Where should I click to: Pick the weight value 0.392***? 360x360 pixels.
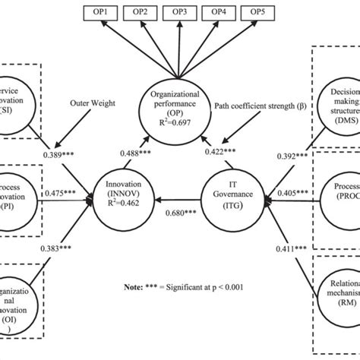click(x=292, y=156)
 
